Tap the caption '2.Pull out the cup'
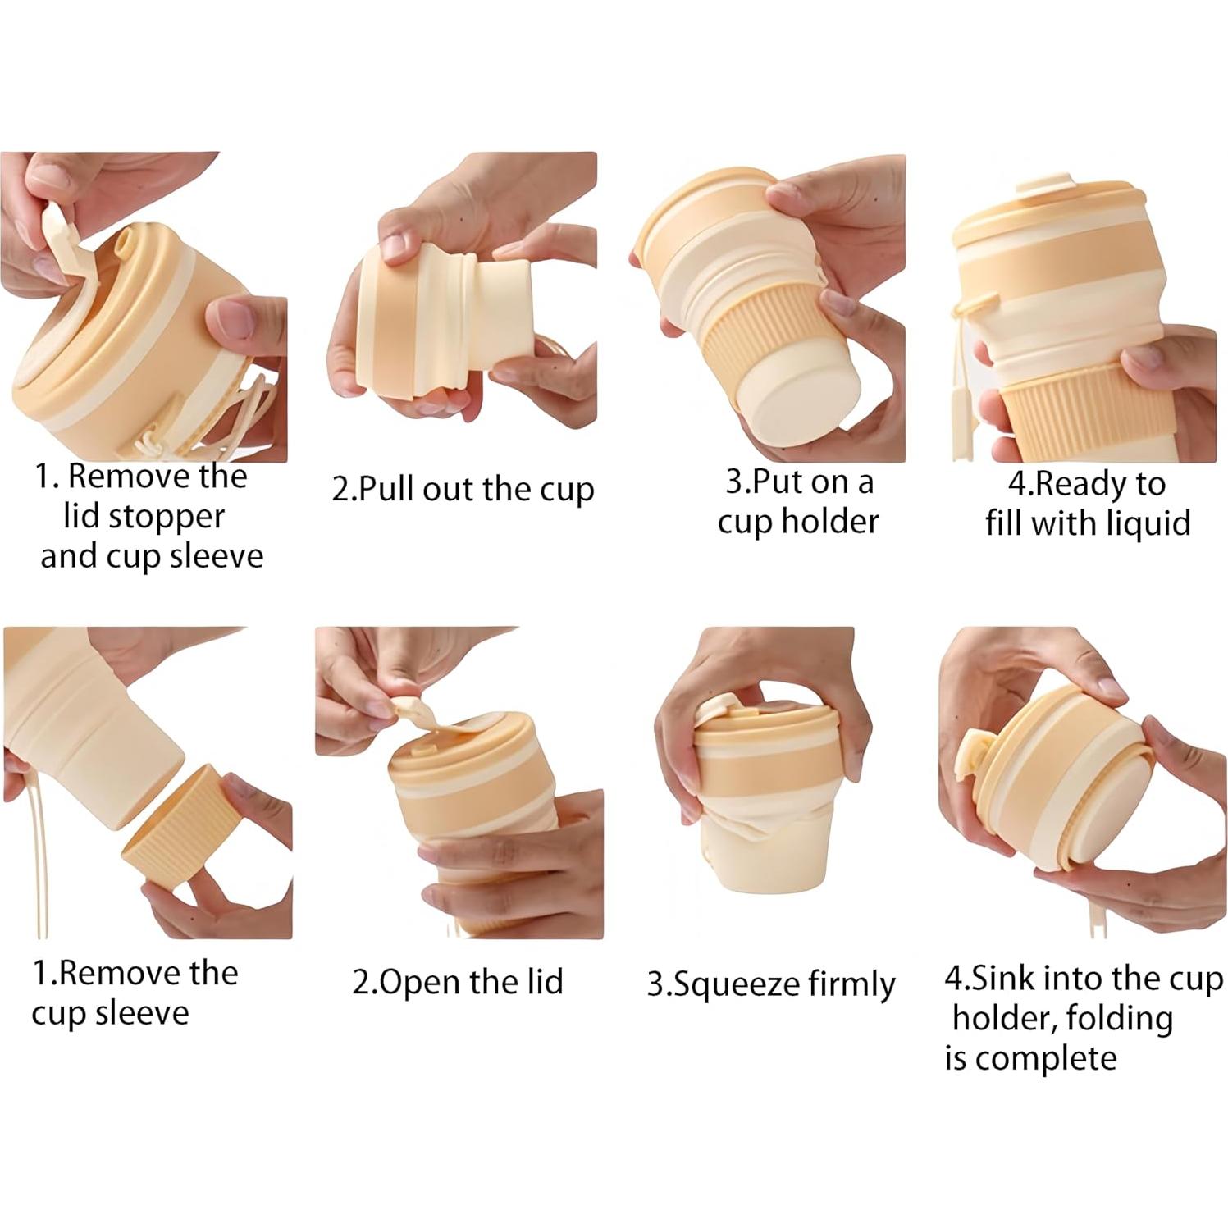(x=462, y=490)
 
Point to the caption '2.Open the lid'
(x=458, y=982)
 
